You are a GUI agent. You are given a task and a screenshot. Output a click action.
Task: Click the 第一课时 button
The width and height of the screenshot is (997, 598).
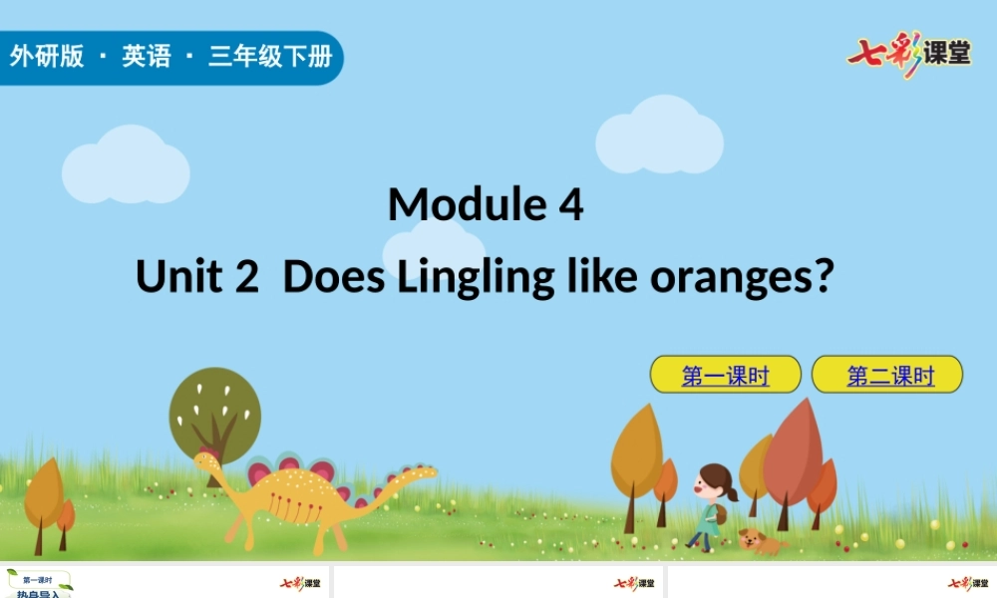tap(725, 376)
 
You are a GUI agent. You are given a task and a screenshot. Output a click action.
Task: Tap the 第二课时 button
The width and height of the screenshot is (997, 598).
tap(888, 376)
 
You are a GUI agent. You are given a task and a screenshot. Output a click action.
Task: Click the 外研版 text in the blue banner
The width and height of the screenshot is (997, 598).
tap(46, 57)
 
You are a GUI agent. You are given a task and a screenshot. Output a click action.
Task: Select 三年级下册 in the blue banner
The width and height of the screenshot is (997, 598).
tap(269, 57)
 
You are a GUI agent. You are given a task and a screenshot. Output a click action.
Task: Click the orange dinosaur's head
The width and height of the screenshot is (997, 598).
tap(206, 460)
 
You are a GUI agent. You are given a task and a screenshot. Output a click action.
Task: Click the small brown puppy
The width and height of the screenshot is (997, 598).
tap(759, 540)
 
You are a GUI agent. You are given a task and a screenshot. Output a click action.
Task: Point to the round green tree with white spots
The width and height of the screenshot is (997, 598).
tap(214, 412)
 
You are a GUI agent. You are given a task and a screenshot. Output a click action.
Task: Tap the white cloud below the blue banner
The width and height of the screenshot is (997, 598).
tap(126, 166)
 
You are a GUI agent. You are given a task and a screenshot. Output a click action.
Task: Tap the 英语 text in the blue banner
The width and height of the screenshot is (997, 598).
tap(147, 57)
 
